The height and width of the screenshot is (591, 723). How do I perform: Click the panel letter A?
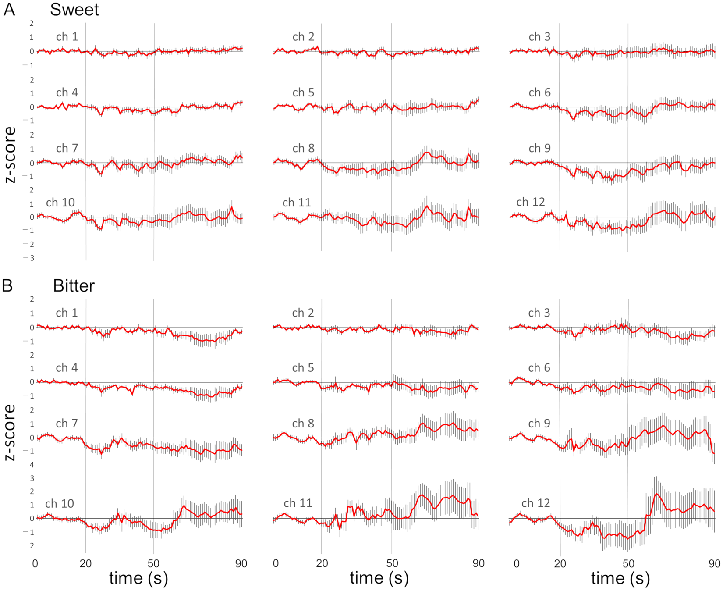(9, 9)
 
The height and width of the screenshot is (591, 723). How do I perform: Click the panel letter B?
(7, 285)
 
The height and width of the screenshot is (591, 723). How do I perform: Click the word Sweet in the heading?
(74, 9)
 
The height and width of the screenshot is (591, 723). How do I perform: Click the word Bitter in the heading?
(74, 285)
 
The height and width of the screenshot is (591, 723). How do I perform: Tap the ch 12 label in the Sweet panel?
(530, 202)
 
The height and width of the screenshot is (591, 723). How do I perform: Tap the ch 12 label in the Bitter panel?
(535, 503)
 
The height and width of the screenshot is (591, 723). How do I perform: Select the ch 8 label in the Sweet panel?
(303, 148)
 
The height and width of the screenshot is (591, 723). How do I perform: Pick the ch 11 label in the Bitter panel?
(298, 503)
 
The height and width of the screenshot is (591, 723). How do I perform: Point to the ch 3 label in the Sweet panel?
(539, 37)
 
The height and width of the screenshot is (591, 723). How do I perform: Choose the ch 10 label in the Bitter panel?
(60, 503)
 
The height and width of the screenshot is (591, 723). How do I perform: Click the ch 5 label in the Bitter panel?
(303, 367)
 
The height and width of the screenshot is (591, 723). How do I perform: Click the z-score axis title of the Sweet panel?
(10, 154)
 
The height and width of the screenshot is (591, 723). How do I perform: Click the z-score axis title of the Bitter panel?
(10, 432)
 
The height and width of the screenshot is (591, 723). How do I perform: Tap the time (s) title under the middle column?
(379, 578)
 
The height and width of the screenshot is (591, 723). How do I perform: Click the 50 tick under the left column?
(153, 563)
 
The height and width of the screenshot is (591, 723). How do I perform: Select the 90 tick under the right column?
(714, 563)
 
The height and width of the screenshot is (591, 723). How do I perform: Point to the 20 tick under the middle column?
(322, 563)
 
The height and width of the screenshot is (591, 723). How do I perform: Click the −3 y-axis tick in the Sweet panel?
(30, 258)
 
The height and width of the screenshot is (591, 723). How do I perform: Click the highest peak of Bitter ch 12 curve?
(656, 494)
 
